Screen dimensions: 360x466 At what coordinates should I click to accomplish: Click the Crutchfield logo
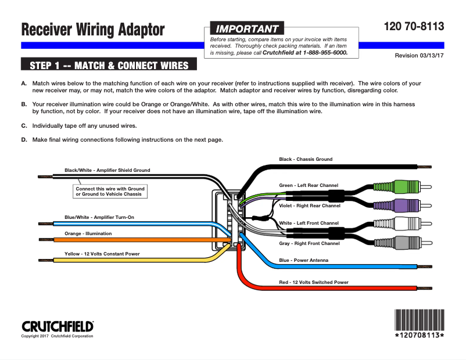click(x=58, y=326)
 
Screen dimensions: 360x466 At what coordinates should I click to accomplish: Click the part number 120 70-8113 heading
click(x=414, y=27)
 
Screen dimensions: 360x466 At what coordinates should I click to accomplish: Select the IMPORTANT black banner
click(x=246, y=28)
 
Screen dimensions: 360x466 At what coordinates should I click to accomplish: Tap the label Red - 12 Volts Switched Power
click(x=314, y=282)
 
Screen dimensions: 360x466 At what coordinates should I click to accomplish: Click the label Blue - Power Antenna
click(x=303, y=260)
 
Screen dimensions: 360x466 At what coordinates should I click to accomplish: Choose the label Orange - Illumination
click(x=88, y=233)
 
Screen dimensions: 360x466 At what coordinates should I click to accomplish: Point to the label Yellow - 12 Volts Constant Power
click(x=102, y=254)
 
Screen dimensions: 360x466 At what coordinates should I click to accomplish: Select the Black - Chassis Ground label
click(x=306, y=159)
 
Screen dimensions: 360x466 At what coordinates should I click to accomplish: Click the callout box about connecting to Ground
click(x=110, y=191)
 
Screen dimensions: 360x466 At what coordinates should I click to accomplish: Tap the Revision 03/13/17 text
click(x=419, y=56)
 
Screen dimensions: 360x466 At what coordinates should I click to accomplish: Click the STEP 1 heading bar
click(x=109, y=65)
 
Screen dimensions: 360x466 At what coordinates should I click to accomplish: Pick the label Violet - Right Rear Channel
click(x=309, y=206)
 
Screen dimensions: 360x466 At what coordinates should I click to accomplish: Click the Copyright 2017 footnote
click(x=57, y=336)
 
